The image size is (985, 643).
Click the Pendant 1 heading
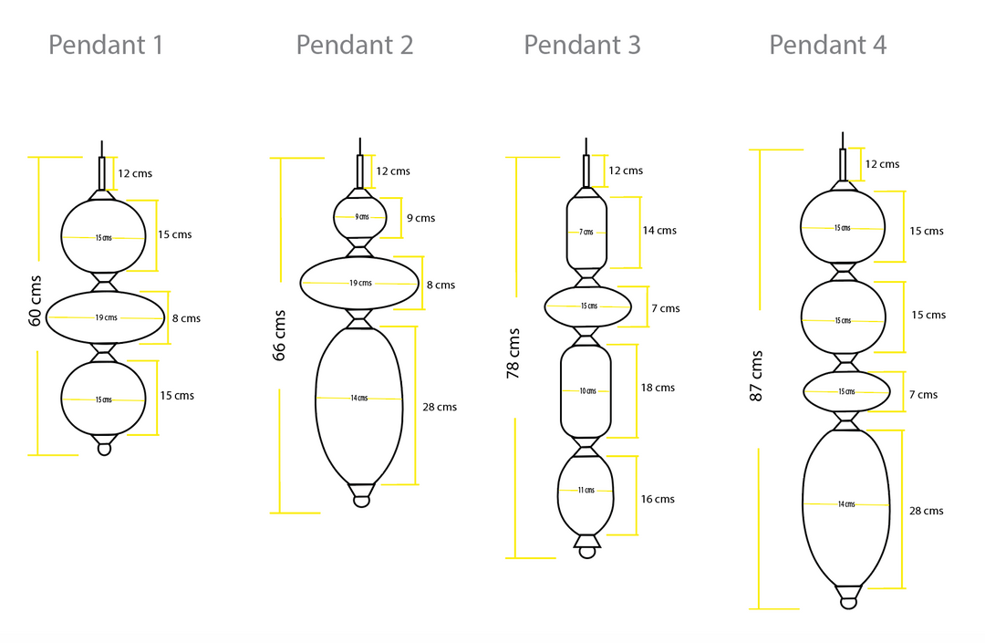[106, 45]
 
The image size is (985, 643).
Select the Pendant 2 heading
[354, 45]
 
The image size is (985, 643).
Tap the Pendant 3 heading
[582, 45]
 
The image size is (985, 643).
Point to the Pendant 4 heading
[827, 45]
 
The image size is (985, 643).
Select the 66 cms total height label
[280, 336]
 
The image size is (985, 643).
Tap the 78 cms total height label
[513, 353]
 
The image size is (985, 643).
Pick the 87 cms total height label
[757, 376]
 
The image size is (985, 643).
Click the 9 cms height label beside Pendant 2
[420, 218]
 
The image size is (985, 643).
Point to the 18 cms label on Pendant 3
[658, 388]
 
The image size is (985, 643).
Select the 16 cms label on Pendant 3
[658, 499]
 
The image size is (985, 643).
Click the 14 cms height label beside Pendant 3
[659, 231]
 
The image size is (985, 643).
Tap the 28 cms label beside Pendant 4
[926, 511]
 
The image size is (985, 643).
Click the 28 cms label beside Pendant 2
[440, 407]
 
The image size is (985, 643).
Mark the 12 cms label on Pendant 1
[135, 173]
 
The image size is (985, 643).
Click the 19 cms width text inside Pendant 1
[106, 318]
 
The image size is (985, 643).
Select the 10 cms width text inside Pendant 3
[586, 391]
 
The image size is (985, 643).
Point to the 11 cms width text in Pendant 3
[586, 491]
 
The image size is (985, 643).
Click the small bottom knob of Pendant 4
[849, 600]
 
